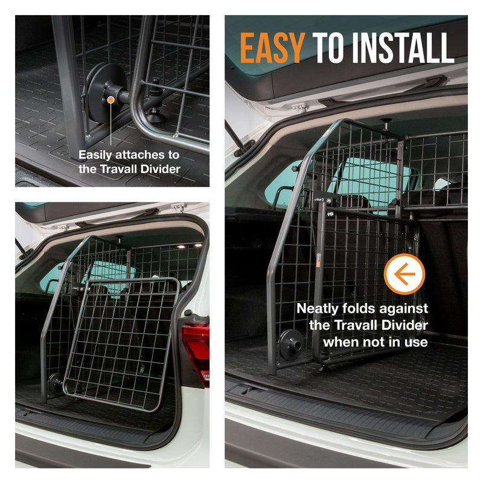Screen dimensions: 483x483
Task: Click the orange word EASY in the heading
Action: point(272,48)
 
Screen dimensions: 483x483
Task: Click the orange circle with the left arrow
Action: point(404,274)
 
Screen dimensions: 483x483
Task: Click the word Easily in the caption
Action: point(97,155)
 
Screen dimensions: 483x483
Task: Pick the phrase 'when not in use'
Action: point(376,342)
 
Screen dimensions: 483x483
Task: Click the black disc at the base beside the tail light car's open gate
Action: point(54,383)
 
